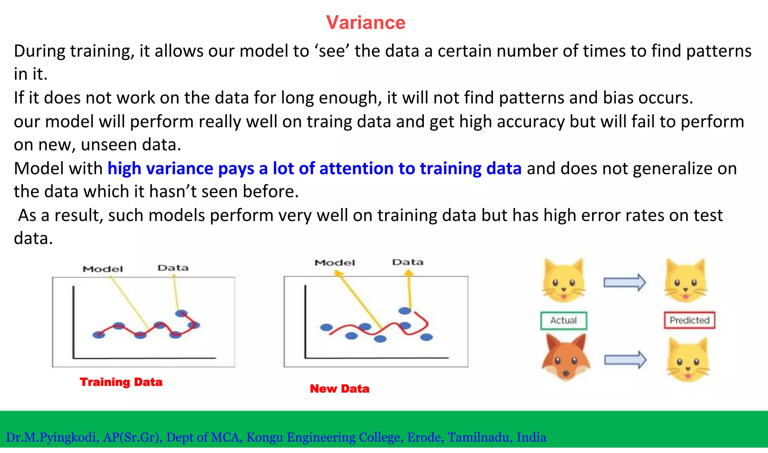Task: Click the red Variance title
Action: [x=366, y=22]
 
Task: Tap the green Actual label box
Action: [x=564, y=321]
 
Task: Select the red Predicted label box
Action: [x=689, y=320]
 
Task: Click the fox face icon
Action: [x=566, y=358]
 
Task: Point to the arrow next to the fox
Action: [x=625, y=360]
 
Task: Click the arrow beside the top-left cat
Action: [x=624, y=283]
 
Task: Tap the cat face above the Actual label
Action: [x=564, y=281]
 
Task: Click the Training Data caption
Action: [x=121, y=382]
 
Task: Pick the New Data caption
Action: [x=339, y=389]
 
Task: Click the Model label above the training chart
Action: [x=103, y=269]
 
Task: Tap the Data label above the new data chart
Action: [x=408, y=262]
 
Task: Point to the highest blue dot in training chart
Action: [x=181, y=313]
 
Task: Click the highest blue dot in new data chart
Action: [x=405, y=311]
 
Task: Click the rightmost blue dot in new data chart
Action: [x=426, y=337]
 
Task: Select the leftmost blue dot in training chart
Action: [x=99, y=335]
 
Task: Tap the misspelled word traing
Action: [x=329, y=122]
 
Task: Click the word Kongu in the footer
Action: [x=264, y=437]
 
